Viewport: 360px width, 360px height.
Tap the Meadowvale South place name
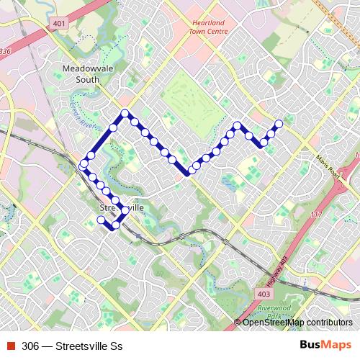(x=81, y=74)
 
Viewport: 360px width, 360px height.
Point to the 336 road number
(x=6, y=52)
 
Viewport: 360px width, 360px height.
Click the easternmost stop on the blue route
(x=279, y=123)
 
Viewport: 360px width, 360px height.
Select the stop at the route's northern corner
(x=125, y=113)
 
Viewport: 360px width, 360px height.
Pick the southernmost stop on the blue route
(x=115, y=226)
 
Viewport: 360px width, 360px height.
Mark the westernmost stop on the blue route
(x=84, y=166)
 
